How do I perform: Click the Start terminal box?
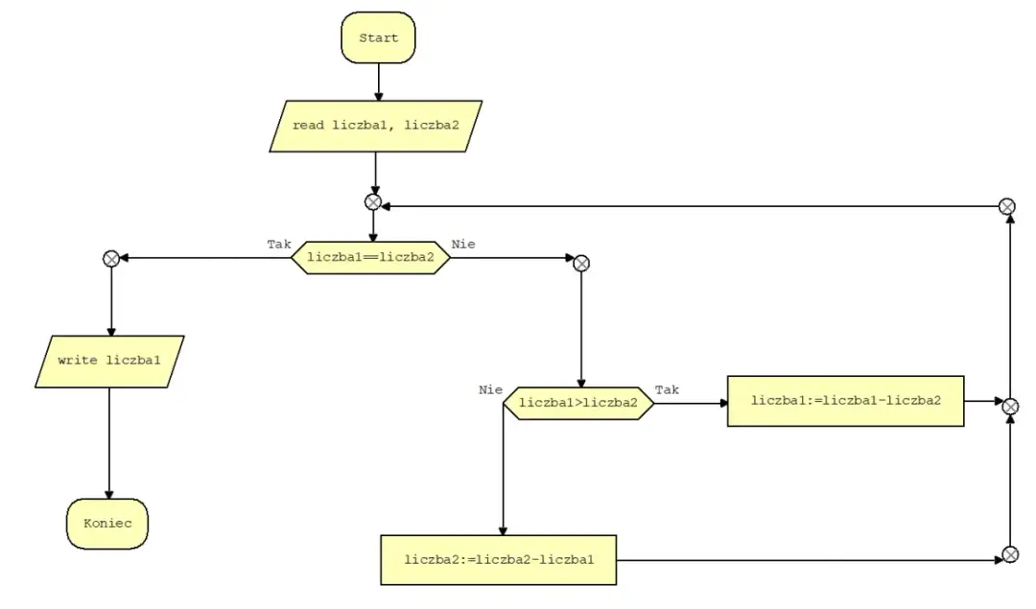coord(379,37)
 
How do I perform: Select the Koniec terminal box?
coord(107,523)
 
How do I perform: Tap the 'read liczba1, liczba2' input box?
coord(376,127)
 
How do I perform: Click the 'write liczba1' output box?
coord(109,362)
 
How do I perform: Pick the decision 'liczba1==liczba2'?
coord(370,258)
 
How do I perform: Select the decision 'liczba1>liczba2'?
coord(578,403)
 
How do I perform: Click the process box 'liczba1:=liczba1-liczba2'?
coord(846,401)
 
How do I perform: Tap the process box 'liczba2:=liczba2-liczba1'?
coord(499,560)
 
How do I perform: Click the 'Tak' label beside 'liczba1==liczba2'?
coord(279,245)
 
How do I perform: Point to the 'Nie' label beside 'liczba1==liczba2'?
coord(463,245)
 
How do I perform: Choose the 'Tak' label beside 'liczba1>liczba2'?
coord(667,389)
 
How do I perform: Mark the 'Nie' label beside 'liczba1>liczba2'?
coord(490,389)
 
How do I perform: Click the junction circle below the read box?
coord(373,202)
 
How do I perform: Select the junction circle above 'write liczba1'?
coord(111,259)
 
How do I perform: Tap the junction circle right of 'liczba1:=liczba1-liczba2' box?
coord(1010,407)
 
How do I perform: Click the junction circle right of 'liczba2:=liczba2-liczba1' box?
coord(1010,555)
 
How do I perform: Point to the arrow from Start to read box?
coord(379,82)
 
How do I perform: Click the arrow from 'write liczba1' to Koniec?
coord(109,443)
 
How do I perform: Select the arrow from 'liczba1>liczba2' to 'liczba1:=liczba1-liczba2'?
coord(691,403)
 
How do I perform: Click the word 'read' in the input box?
coord(309,126)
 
